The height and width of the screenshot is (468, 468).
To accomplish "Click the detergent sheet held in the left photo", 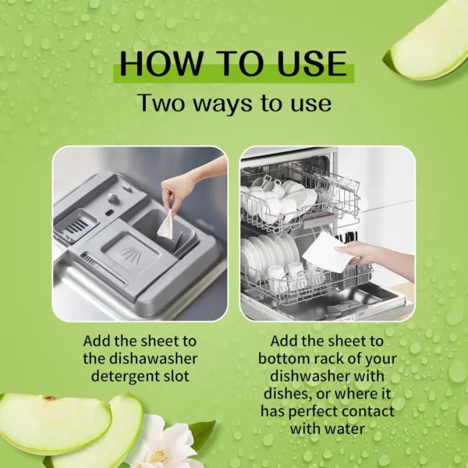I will pyautogui.click(x=166, y=224).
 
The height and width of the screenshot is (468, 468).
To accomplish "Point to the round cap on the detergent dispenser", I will pyautogui.click(x=114, y=199).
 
